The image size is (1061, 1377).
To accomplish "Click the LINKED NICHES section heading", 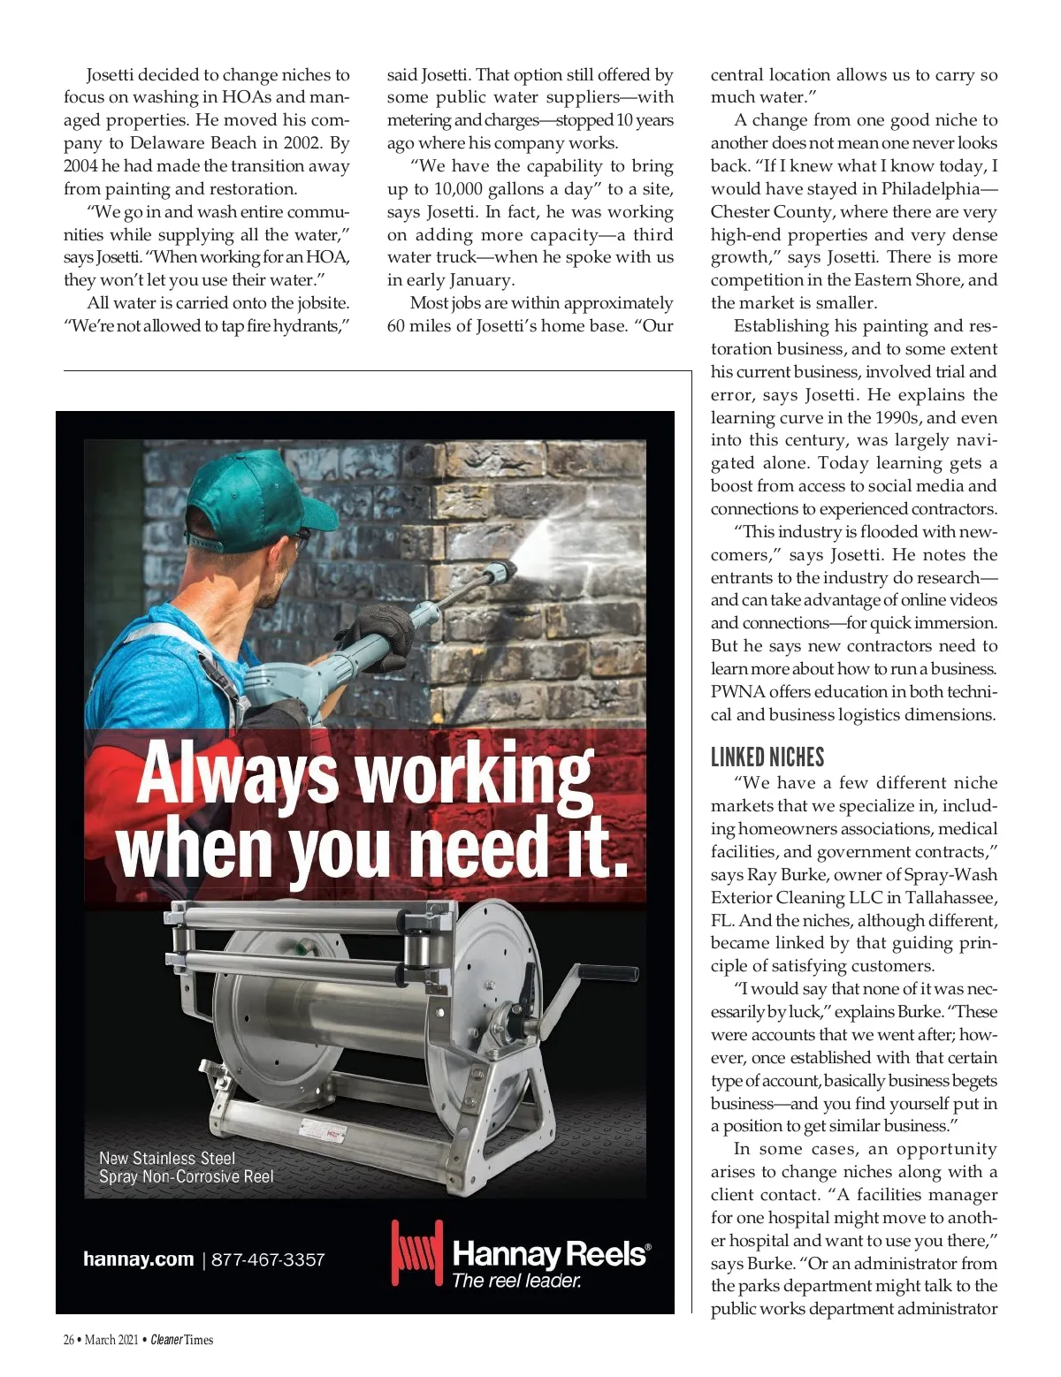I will [767, 757].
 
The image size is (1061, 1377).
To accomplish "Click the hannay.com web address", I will [138, 1259].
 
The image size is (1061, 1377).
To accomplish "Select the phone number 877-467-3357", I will [268, 1259].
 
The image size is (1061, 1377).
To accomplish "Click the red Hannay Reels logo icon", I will [416, 1254].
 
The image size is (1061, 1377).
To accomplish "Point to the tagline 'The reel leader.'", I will [516, 1281].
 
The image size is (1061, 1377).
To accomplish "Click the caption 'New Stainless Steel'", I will [167, 1158].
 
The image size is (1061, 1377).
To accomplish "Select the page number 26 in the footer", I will [69, 1340].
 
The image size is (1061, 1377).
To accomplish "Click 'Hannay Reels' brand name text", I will [550, 1253].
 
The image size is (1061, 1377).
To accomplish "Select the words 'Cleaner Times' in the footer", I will [181, 1340].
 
